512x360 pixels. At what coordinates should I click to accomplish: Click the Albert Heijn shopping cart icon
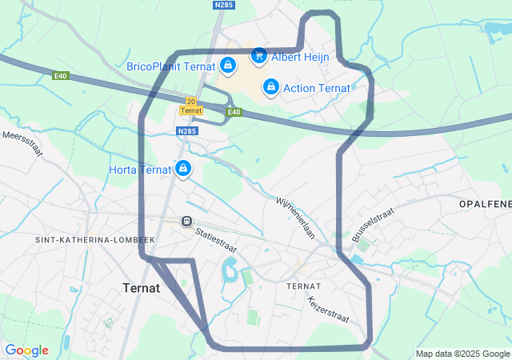(258, 56)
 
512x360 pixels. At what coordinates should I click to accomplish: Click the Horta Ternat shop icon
(183, 168)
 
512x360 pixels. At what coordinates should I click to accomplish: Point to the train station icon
(187, 221)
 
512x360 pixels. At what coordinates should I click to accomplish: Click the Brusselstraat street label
(373, 225)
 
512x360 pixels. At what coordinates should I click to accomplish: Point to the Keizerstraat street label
(328, 310)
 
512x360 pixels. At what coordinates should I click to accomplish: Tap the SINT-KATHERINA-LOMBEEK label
(94, 240)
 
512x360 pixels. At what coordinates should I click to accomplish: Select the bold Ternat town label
(142, 287)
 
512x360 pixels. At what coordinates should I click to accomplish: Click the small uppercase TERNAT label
(303, 286)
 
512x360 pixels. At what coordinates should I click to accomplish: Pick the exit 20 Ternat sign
(190, 106)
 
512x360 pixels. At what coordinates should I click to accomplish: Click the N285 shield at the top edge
(224, 5)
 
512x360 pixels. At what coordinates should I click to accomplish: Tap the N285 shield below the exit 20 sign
(186, 131)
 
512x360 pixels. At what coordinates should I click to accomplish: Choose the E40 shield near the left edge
(62, 77)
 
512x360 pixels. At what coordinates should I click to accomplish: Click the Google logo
(26, 350)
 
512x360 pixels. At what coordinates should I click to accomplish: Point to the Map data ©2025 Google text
(462, 354)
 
